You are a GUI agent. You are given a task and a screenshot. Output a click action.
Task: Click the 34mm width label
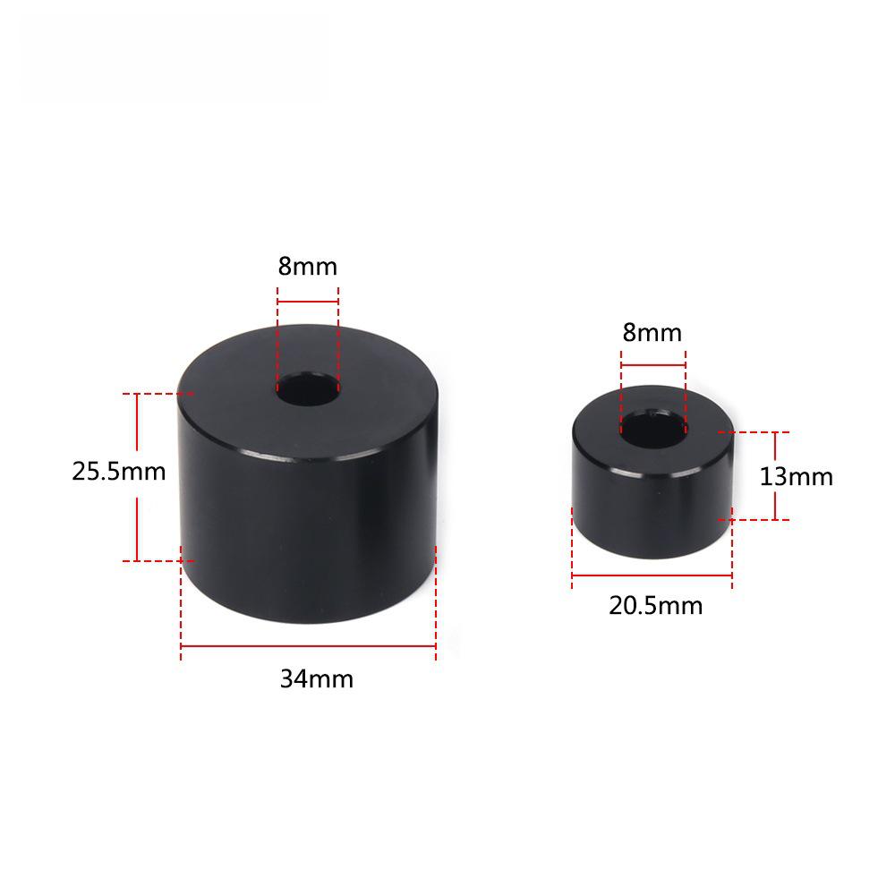[317, 679]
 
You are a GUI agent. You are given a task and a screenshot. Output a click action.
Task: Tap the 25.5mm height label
[119, 471]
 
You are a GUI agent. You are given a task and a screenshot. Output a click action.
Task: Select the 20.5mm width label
[656, 606]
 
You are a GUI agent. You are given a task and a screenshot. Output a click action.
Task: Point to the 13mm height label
[797, 476]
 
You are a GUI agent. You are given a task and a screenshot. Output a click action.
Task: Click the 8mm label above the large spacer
[308, 266]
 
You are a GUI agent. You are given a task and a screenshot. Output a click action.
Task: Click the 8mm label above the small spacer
[652, 333]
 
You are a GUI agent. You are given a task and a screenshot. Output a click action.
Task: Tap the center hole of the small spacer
[652, 428]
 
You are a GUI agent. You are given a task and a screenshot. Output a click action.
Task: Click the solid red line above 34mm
[308, 645]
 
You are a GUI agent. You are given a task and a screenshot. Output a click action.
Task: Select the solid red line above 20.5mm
[652, 575]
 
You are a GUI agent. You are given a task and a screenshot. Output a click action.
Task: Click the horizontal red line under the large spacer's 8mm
[308, 303]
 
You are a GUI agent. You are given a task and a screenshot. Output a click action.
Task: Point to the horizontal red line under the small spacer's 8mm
[652, 366]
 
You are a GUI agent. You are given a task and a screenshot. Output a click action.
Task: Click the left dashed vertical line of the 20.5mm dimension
[572, 546]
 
